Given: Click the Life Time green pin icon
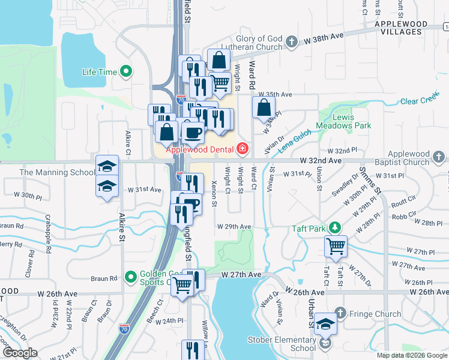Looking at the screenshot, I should point(126,72).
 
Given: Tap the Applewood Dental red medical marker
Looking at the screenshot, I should point(242,148).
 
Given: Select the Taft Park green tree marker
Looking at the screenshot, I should point(335,228).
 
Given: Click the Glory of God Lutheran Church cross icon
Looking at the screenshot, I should point(291,41).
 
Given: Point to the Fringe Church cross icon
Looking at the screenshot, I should point(340,313).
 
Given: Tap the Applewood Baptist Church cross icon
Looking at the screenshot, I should point(439,158).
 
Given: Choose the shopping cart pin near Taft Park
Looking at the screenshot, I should point(336,245).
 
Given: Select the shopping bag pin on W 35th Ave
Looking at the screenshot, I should point(264,108).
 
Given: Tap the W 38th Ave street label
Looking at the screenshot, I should point(324,36).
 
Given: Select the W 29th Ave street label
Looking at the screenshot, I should point(234,226).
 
